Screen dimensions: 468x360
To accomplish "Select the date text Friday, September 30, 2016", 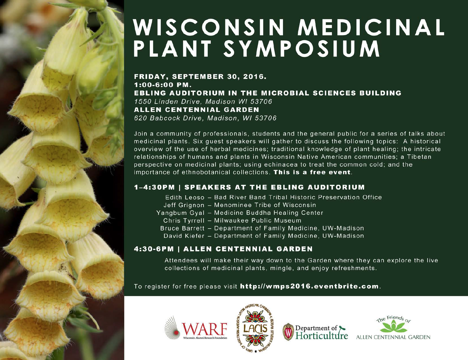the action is point(200,77).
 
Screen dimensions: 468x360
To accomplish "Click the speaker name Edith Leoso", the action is point(184,197).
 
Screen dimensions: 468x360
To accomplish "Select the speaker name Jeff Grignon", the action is point(184,205).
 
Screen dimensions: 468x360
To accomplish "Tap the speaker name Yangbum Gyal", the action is point(180,213).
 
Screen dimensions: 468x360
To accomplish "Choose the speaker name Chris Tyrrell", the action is point(184,221).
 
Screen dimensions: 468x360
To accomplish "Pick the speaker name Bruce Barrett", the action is point(182,228).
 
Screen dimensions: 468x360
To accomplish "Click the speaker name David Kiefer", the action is point(184,236).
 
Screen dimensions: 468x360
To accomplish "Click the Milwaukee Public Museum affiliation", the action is point(258,221).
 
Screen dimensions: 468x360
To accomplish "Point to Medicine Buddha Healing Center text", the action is point(269,213).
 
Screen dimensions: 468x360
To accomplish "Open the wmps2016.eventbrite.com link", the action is point(309,286).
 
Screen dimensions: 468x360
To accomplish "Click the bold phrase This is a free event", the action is point(312,172).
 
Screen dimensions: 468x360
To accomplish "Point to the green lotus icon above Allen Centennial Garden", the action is point(393,326).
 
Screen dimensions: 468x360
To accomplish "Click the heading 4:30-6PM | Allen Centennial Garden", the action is point(223,249).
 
